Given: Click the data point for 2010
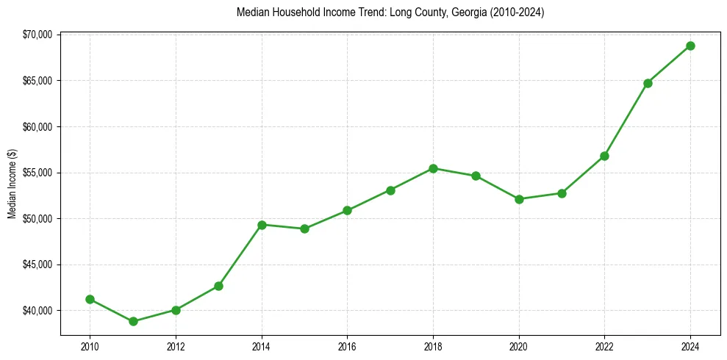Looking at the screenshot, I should pos(90,299).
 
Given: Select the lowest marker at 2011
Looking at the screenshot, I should pos(133,321).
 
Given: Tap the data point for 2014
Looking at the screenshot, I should pos(262,224).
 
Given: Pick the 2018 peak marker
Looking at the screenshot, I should pos(433,168).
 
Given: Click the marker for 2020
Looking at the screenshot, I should pos(519,199).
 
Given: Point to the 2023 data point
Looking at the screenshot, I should pos(648,83).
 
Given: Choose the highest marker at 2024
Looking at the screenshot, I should pos(690,46).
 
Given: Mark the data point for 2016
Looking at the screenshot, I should pos(347,210).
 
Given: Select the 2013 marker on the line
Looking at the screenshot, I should pos(218,286).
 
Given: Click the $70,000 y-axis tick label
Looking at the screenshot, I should pos(37,35).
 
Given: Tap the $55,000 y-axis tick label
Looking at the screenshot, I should pos(37,173).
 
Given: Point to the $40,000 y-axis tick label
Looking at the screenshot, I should pos(37,311).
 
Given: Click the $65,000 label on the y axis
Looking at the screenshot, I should pos(37,81).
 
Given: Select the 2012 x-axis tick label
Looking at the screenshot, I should pos(176,346).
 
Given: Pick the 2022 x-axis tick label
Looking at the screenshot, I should pos(604,346).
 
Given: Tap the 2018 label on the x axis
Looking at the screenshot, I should pos(433,346).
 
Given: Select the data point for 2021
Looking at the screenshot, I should pos(562,193).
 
